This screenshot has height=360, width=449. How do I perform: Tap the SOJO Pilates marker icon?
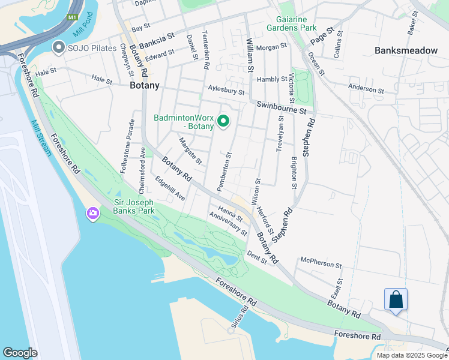(59, 47)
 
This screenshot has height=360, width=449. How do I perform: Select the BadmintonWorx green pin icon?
(223, 122)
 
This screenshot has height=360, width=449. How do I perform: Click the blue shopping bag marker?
(396, 299)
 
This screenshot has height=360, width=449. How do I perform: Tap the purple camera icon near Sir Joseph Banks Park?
(92, 213)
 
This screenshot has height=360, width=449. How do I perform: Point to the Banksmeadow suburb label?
(406, 50)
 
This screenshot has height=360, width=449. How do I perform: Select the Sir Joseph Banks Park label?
(134, 206)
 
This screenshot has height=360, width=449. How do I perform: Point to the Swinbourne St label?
(282, 108)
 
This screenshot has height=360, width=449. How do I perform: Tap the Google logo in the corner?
(20, 353)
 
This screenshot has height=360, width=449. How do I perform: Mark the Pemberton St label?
(224, 172)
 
